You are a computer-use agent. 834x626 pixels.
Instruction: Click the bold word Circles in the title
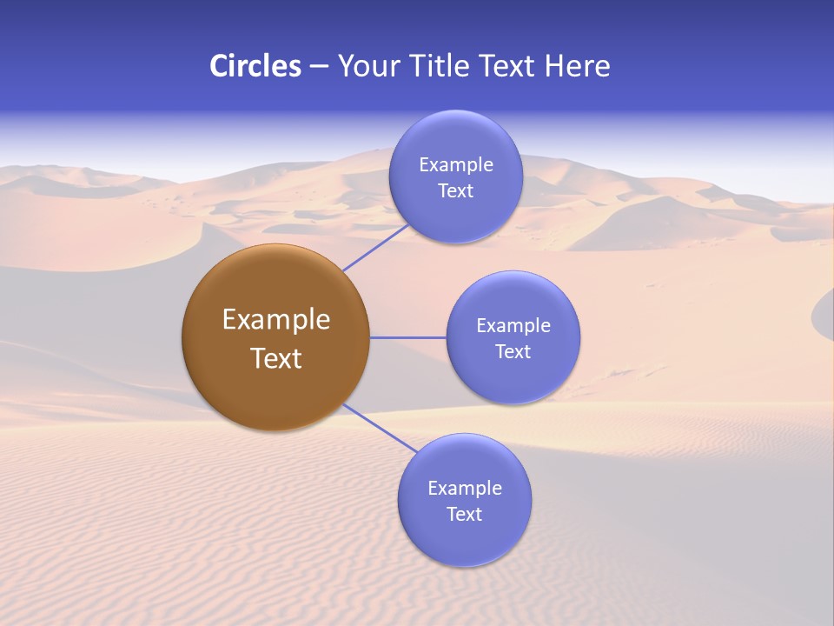tap(255, 66)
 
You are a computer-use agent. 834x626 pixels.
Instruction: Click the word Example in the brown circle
tap(275, 320)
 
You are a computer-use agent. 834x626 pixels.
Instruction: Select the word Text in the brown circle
tap(275, 358)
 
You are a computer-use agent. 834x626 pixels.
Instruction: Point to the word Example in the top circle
tap(455, 165)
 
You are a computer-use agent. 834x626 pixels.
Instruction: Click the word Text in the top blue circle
tap(455, 191)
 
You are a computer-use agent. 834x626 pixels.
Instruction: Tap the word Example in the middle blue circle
tap(513, 326)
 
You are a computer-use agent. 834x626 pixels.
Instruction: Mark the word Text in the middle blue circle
tap(513, 352)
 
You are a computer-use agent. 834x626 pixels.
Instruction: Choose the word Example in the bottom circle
tap(465, 489)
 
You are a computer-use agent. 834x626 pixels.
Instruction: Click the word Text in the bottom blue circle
tap(465, 515)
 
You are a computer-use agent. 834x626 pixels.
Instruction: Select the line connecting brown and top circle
tap(375, 247)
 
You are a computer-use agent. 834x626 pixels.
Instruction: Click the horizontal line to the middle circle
tap(407, 337)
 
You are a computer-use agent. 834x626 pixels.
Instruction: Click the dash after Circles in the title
tap(319, 67)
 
